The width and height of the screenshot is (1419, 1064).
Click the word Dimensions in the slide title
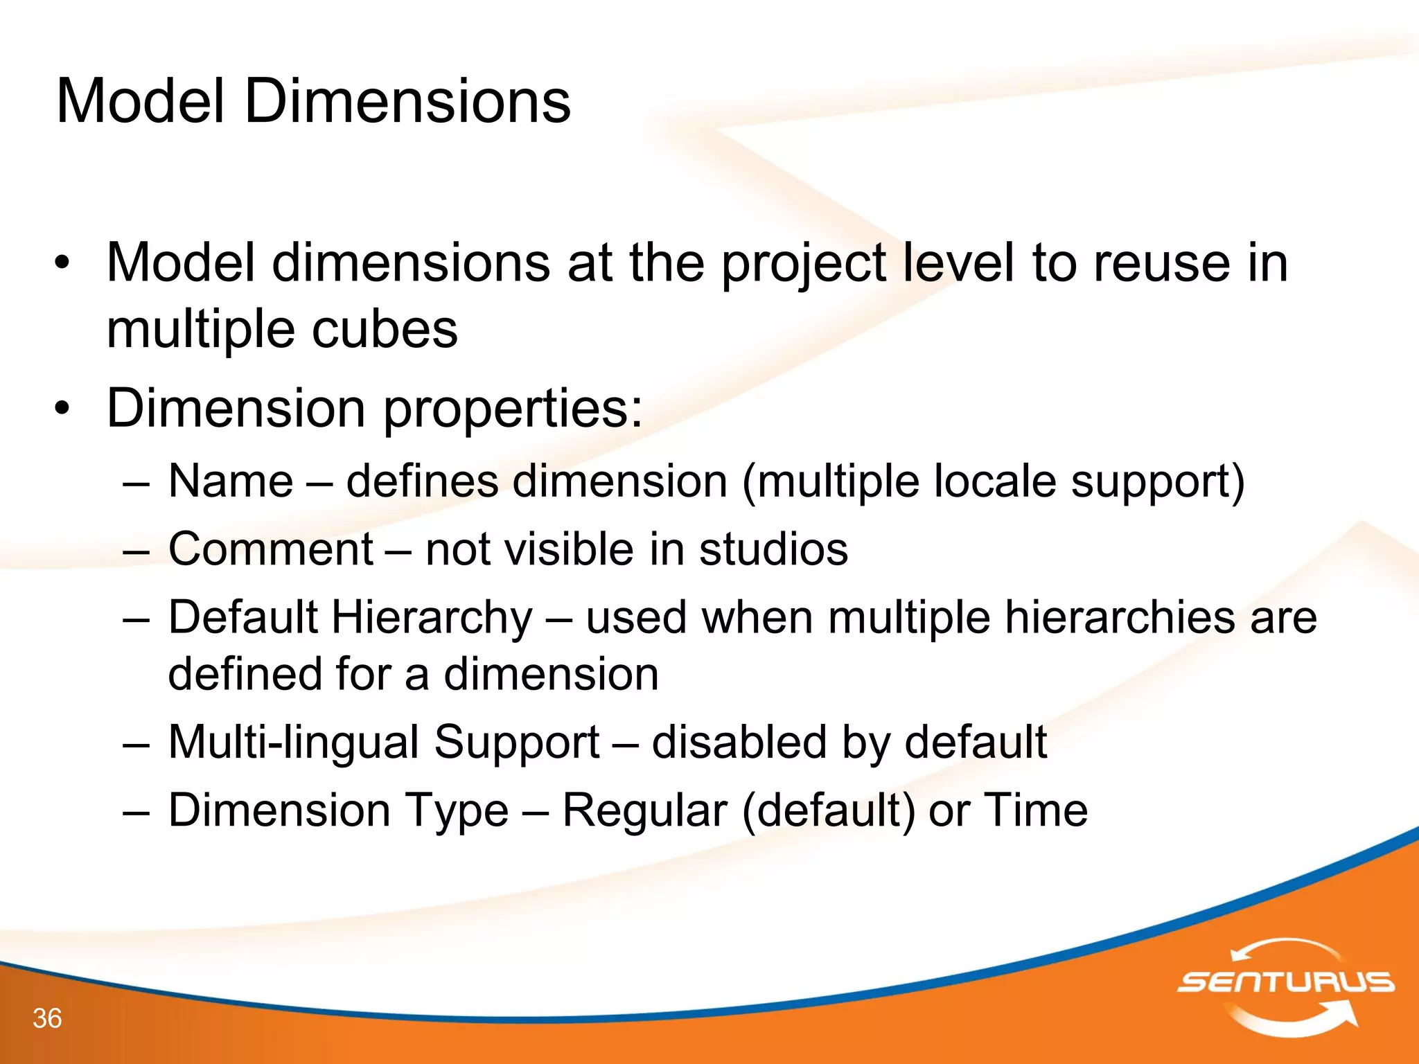[407, 102]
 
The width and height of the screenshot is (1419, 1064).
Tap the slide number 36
[47, 1018]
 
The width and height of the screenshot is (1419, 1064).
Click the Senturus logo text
[1286, 982]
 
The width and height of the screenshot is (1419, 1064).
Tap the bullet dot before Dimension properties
[63, 409]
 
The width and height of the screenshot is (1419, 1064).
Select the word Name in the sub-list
[231, 481]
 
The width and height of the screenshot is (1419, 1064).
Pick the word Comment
[271, 549]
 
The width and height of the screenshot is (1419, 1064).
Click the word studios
[773, 549]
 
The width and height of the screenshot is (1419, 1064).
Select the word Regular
[644, 810]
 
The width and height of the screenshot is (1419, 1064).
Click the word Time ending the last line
[1035, 810]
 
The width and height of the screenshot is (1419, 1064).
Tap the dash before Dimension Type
[136, 811]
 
